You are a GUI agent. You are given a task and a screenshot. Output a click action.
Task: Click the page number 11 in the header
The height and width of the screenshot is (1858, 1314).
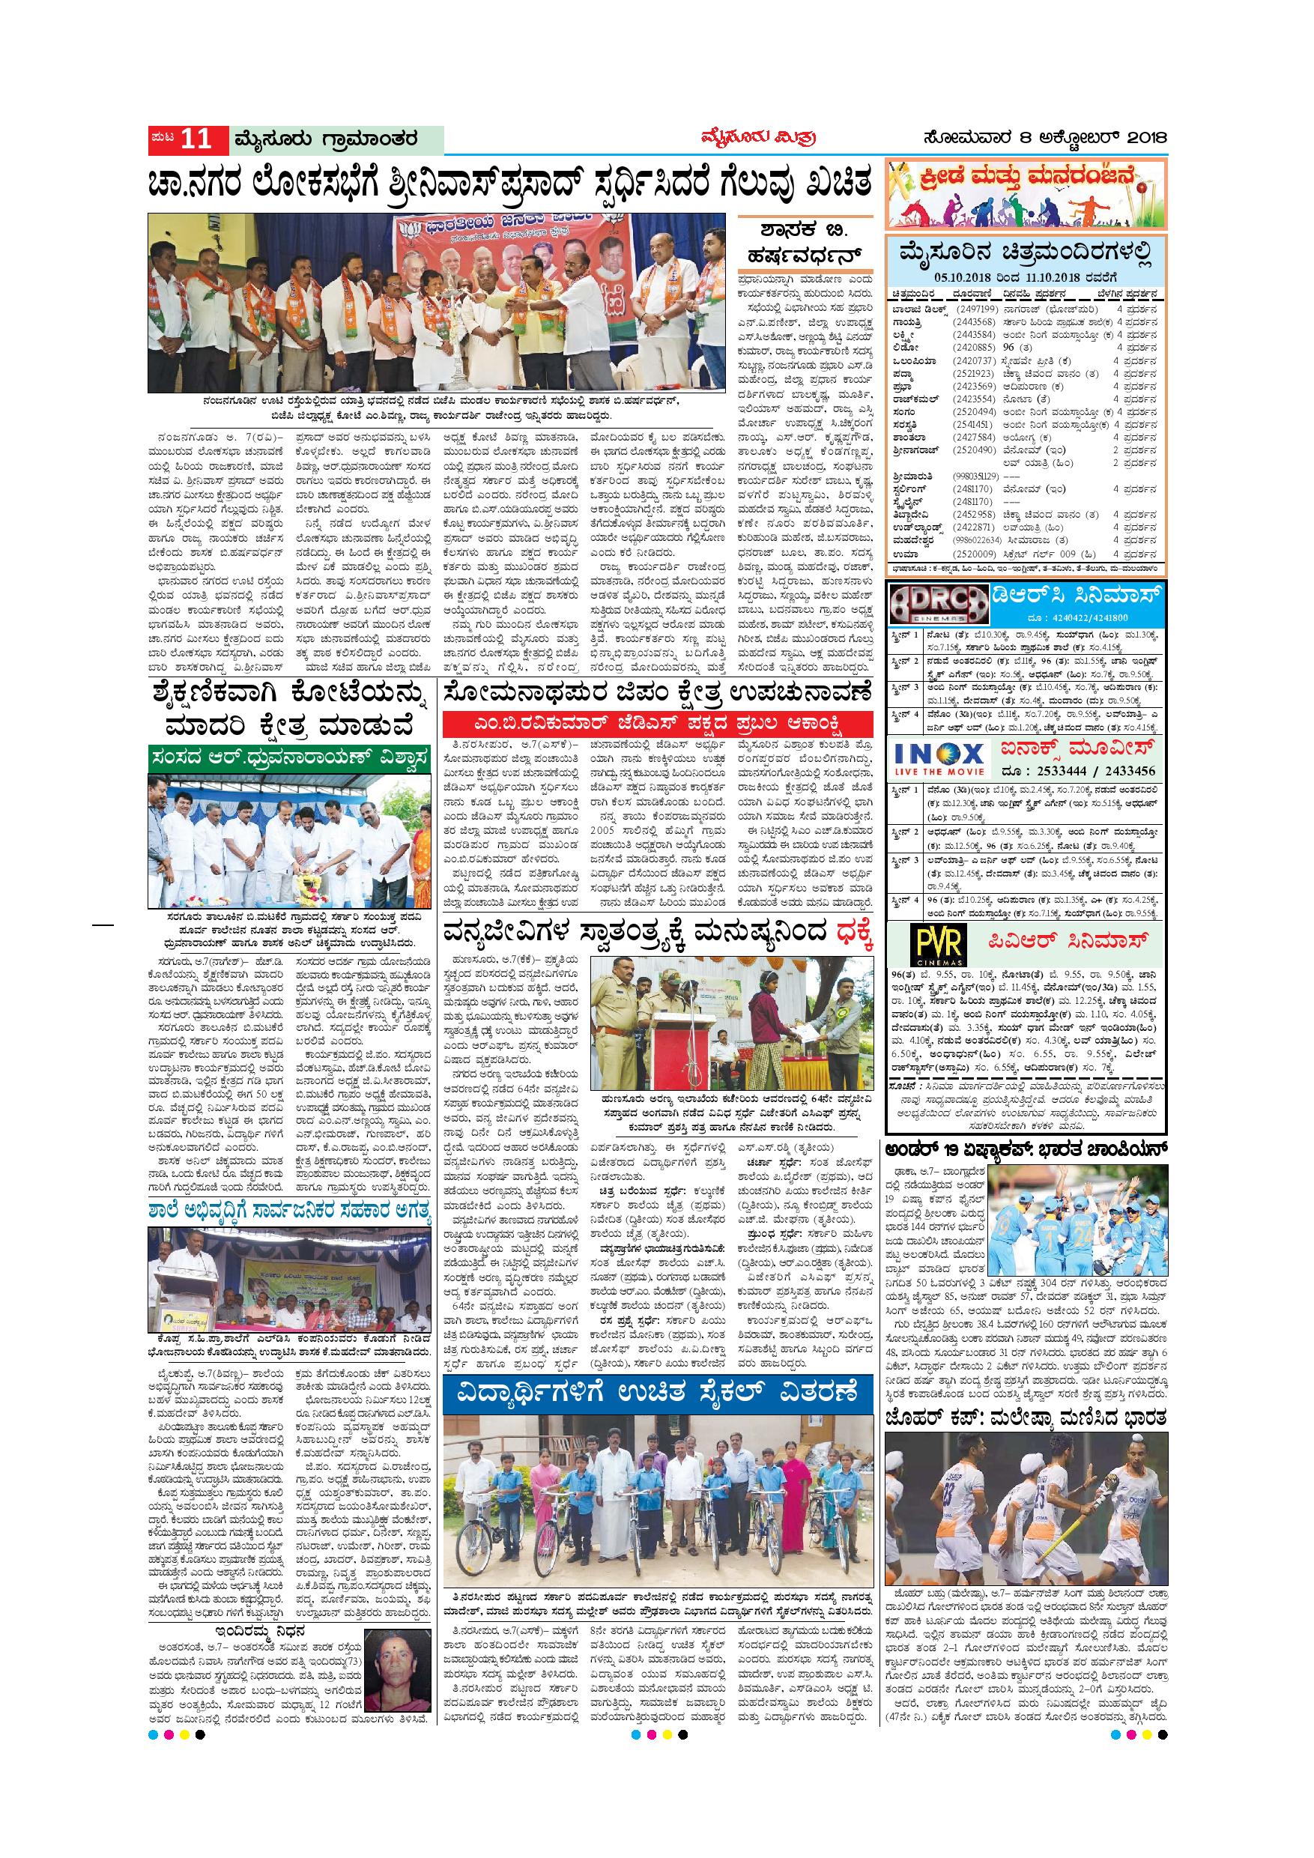pyautogui.click(x=195, y=139)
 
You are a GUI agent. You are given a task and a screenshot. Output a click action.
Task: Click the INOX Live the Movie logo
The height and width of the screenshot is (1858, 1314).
pyautogui.click(x=939, y=765)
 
